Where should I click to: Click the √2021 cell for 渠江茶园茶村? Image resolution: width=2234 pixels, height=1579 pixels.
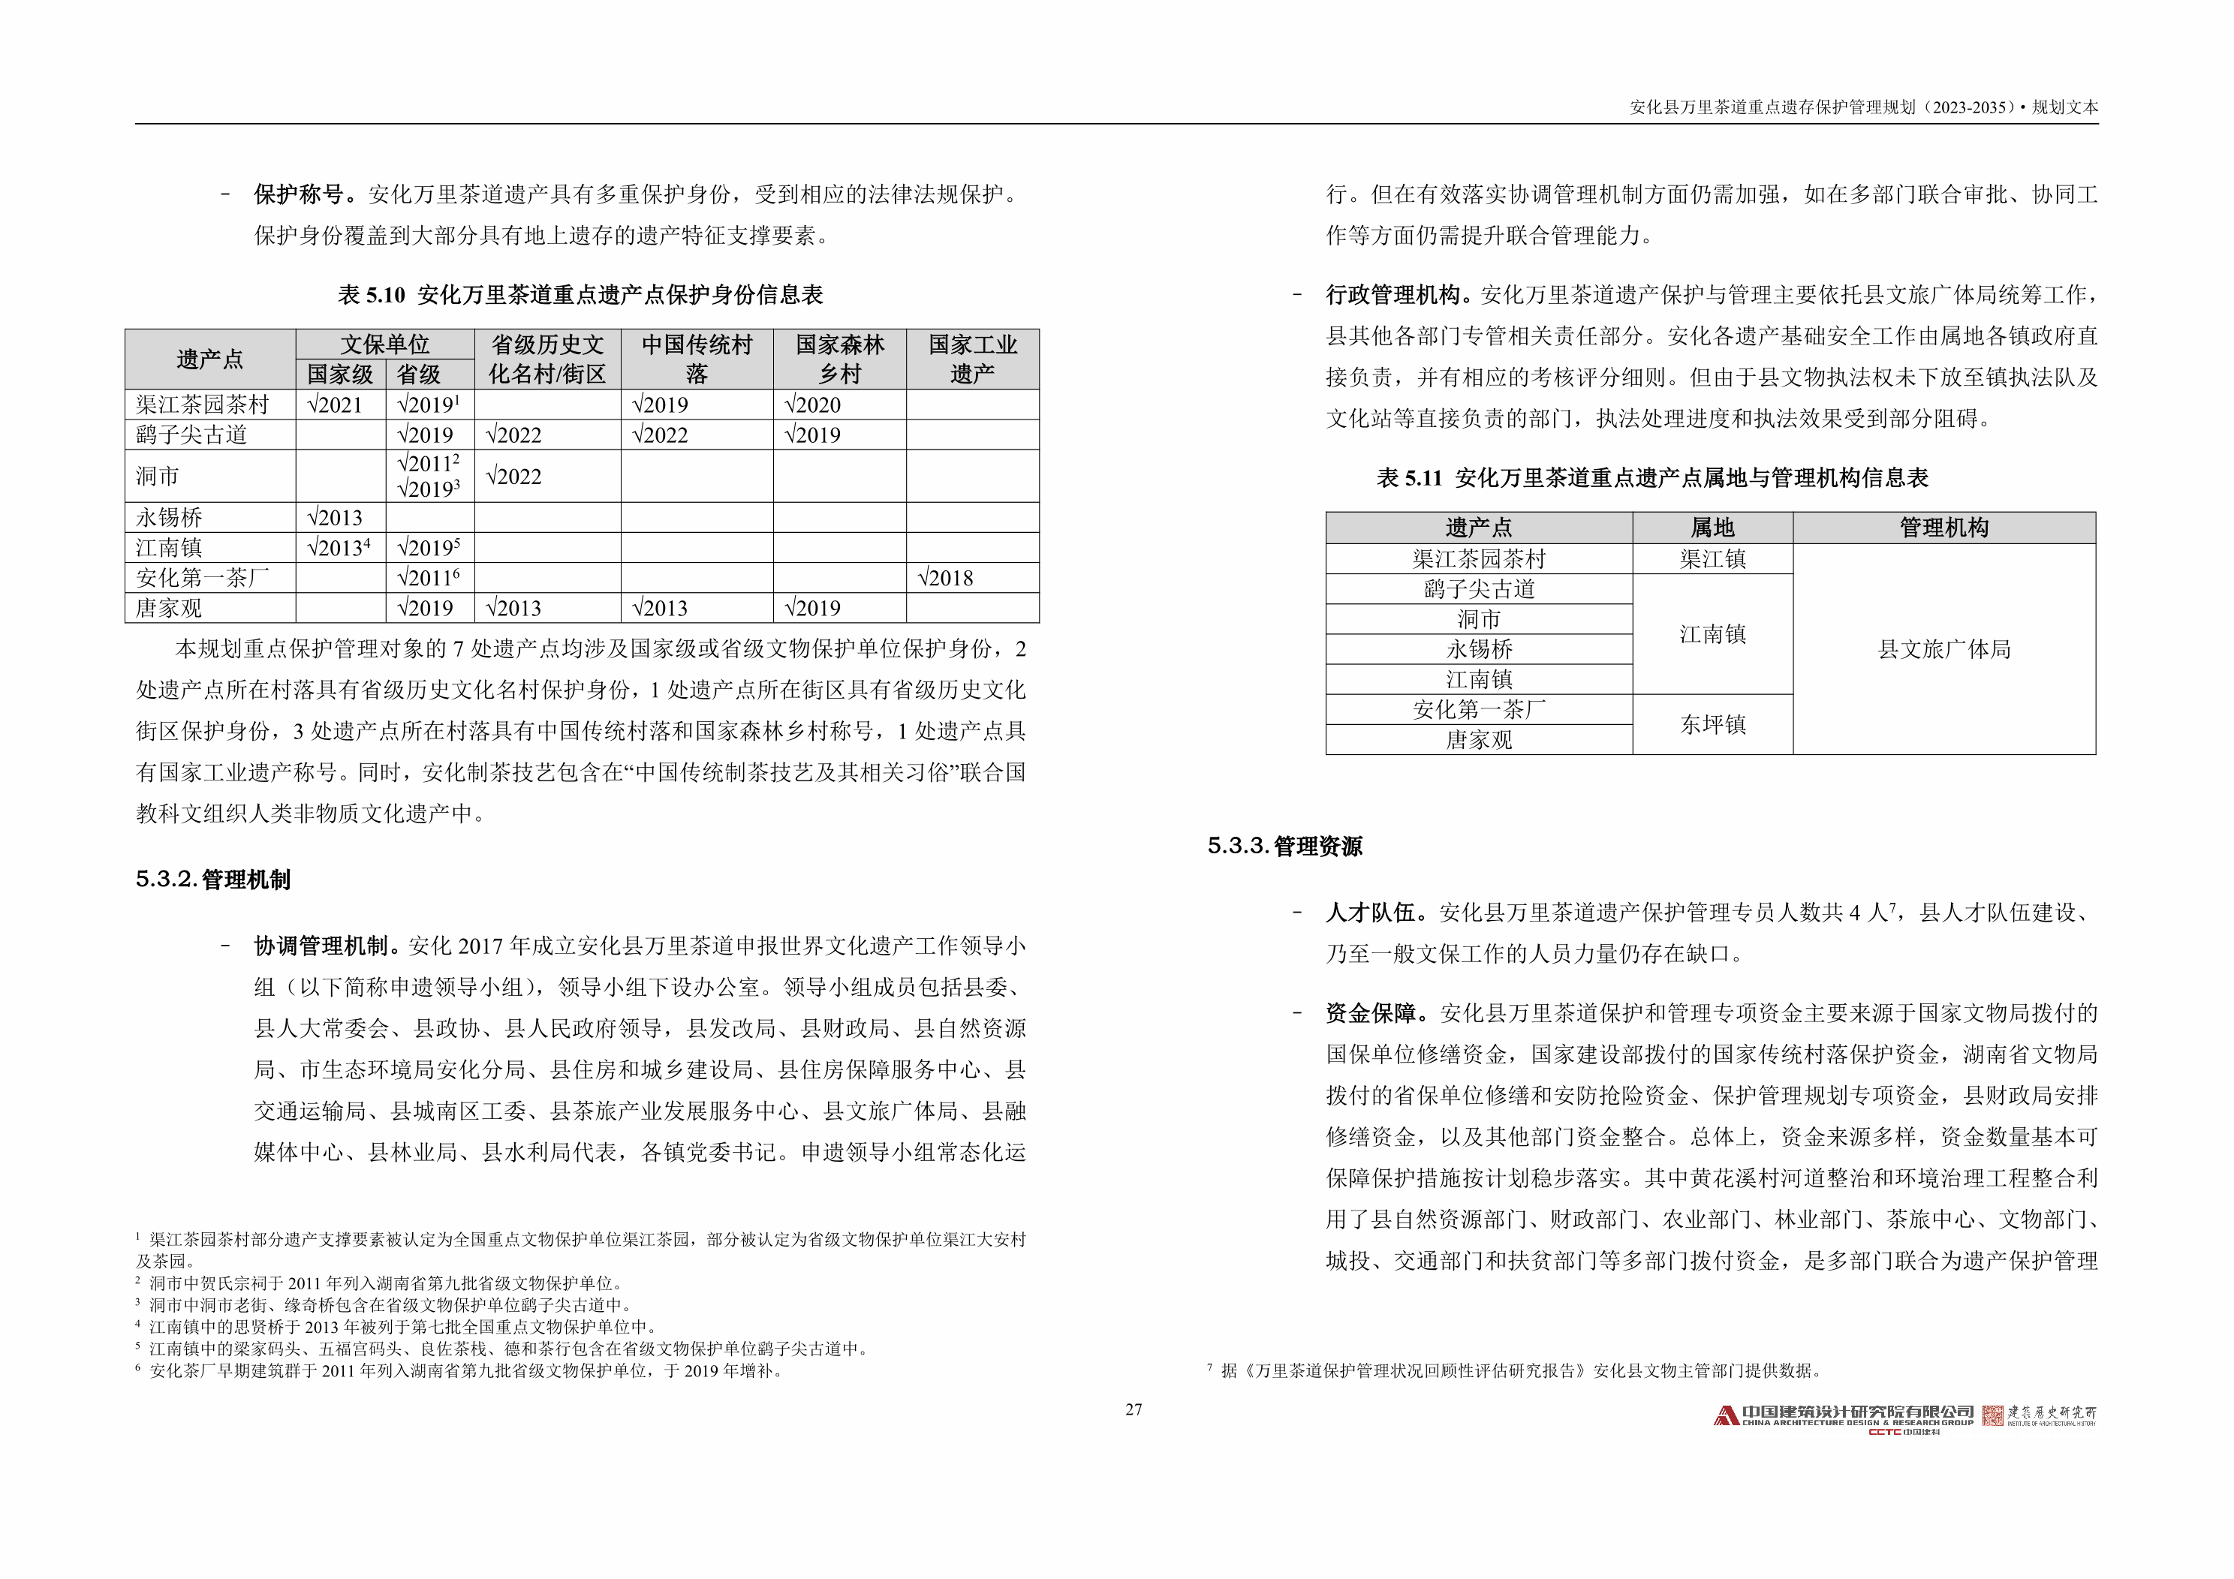pos(335,405)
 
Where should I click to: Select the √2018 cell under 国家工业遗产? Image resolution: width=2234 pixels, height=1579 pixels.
pos(946,578)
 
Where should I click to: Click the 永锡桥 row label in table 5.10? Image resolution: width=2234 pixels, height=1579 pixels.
pos(170,518)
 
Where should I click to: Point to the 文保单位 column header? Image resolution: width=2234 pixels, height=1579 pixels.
pos(384,344)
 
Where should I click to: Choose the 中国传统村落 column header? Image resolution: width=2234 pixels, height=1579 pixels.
pos(697,359)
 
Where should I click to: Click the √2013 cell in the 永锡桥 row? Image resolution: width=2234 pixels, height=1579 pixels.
pos(335,518)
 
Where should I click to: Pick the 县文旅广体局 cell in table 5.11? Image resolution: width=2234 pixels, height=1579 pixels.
pos(1943,649)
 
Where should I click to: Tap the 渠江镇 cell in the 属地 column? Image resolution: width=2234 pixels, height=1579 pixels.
pos(1712,559)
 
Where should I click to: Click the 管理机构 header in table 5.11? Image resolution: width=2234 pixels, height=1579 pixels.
pos(1943,528)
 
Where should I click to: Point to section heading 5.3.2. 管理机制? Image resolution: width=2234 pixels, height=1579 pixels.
pos(213,880)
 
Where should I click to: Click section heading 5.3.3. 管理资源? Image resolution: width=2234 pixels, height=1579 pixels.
pos(1284,847)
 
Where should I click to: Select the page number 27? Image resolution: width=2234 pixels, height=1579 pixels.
pos(1134,1409)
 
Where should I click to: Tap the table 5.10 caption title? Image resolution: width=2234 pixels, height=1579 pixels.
pos(580,295)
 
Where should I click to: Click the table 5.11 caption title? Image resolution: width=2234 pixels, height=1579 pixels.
pos(1651,478)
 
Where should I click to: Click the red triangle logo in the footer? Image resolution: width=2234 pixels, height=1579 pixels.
pos(1726,1417)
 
